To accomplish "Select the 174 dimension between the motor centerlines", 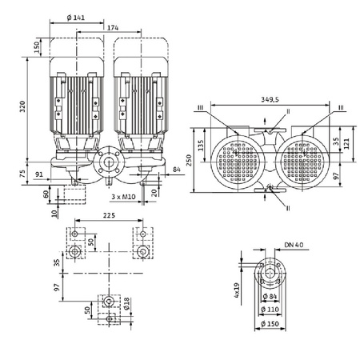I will coord(114,28).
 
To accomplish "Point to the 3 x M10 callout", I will coord(121,195).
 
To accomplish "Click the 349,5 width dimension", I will coord(269,101).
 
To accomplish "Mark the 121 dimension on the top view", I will coord(346,142).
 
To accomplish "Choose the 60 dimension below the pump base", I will coord(46,193).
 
